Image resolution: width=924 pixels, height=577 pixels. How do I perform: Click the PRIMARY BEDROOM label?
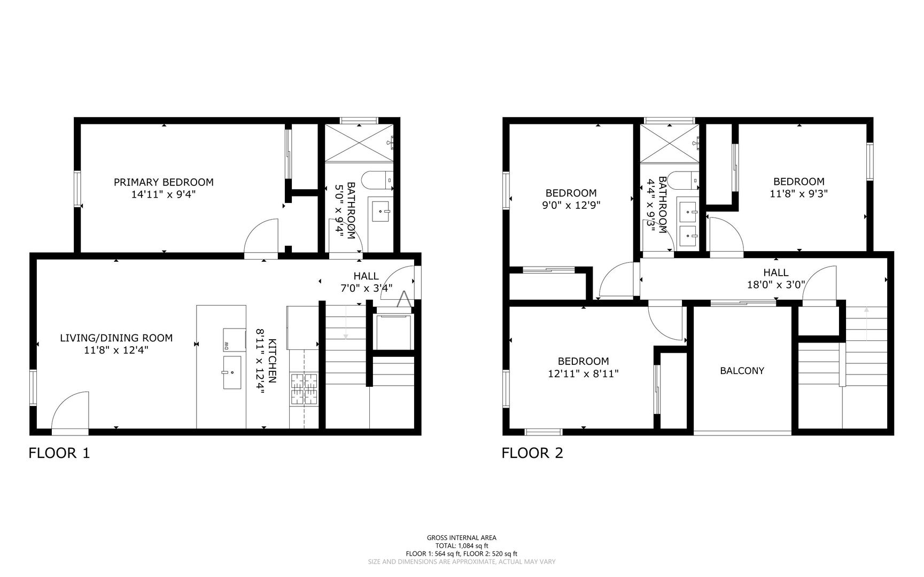click(x=164, y=182)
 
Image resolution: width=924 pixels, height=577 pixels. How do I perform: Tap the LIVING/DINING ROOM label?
click(x=116, y=338)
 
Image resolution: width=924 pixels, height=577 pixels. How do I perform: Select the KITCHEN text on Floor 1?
click(x=273, y=361)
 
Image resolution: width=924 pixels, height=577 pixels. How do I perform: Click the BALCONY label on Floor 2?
click(x=742, y=371)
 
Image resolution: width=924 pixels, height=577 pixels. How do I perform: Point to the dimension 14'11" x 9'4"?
click(x=164, y=195)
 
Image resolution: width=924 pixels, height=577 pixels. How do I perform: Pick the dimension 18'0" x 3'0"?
click(x=776, y=285)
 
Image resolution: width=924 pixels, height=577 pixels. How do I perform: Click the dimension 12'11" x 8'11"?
click(x=583, y=374)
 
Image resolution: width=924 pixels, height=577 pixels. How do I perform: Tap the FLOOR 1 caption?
click(x=59, y=454)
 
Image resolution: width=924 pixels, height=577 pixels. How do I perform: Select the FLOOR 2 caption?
click(x=532, y=454)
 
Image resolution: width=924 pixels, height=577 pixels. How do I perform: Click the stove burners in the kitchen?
click(x=304, y=388)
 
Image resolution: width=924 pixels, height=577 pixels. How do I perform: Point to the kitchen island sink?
click(x=232, y=372)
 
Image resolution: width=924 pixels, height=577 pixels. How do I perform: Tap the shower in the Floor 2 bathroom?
click(x=670, y=143)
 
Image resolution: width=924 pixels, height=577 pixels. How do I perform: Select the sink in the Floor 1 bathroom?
click(x=381, y=212)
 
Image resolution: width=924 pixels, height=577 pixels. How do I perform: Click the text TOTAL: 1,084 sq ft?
click(x=462, y=546)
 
